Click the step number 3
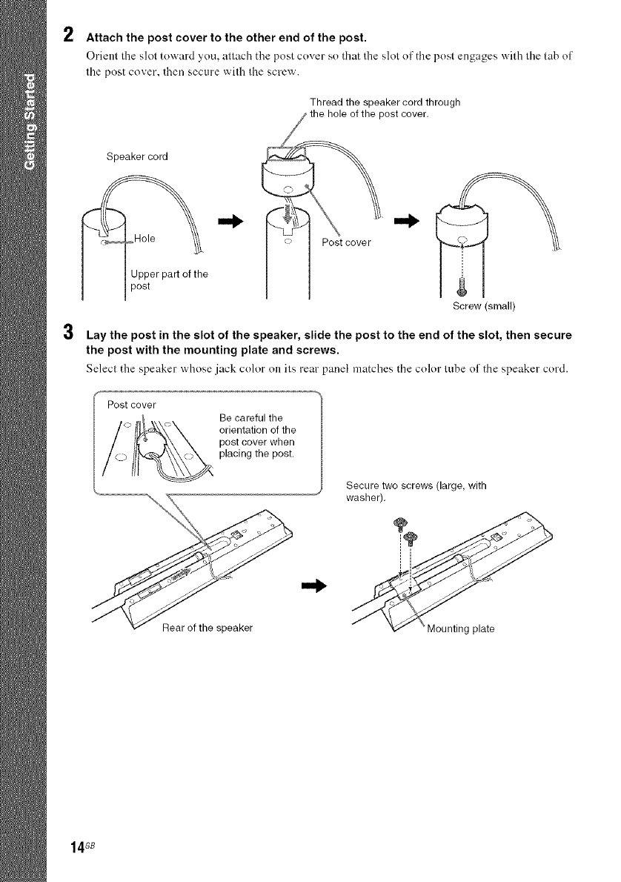pos(67,334)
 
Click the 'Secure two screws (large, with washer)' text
pos(415,491)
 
